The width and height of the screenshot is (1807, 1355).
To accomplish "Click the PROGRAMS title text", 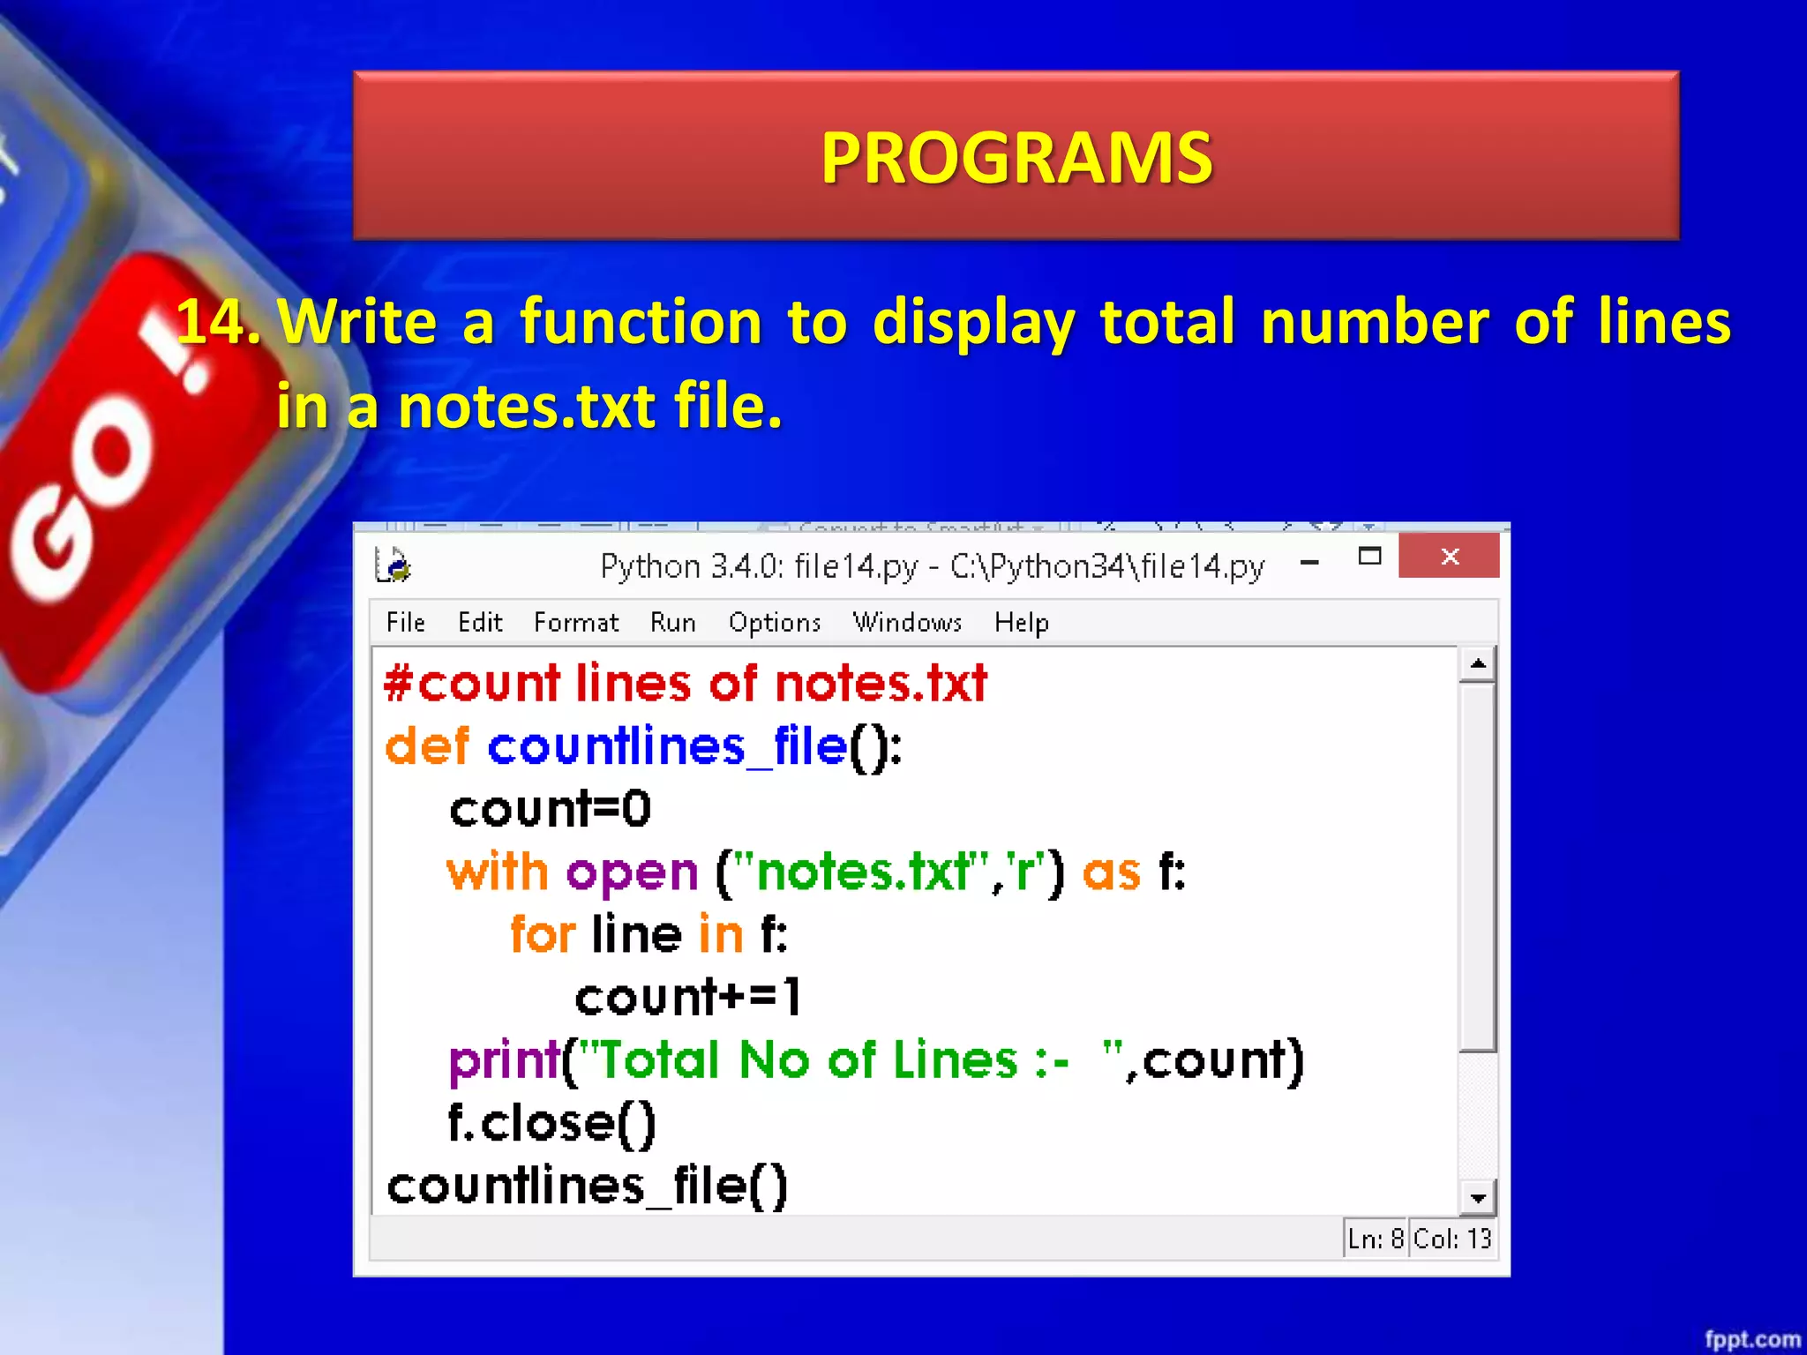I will tap(1016, 158).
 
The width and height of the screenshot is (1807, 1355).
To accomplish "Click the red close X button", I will tap(1449, 557).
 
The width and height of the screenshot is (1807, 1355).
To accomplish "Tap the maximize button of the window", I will tap(1369, 557).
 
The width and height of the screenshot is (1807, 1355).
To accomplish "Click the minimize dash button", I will tap(1310, 562).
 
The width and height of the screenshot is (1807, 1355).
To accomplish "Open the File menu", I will tap(406, 623).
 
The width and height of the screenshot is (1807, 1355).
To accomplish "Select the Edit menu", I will tap(480, 623).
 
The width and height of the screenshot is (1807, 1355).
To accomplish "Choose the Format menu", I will tap(576, 623).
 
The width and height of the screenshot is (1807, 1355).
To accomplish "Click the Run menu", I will tap(672, 623).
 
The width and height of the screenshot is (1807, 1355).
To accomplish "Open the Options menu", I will tap(775, 623).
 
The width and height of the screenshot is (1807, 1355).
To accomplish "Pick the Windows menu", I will tap(907, 623).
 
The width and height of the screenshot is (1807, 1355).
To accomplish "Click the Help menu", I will tap(1021, 623).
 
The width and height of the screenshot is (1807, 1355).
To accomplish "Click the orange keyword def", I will tap(427, 746).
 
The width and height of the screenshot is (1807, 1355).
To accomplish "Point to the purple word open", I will tap(632, 872).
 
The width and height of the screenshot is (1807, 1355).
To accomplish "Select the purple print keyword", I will tap(504, 1060).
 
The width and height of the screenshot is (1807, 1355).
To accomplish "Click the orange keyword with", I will tap(497, 872).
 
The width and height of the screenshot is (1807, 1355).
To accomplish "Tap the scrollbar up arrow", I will tap(1478, 664).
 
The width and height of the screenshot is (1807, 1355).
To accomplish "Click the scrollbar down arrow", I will tap(1478, 1198).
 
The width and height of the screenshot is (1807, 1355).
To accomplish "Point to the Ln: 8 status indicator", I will tap(1375, 1239).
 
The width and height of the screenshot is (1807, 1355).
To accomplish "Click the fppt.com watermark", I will tap(1751, 1339).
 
